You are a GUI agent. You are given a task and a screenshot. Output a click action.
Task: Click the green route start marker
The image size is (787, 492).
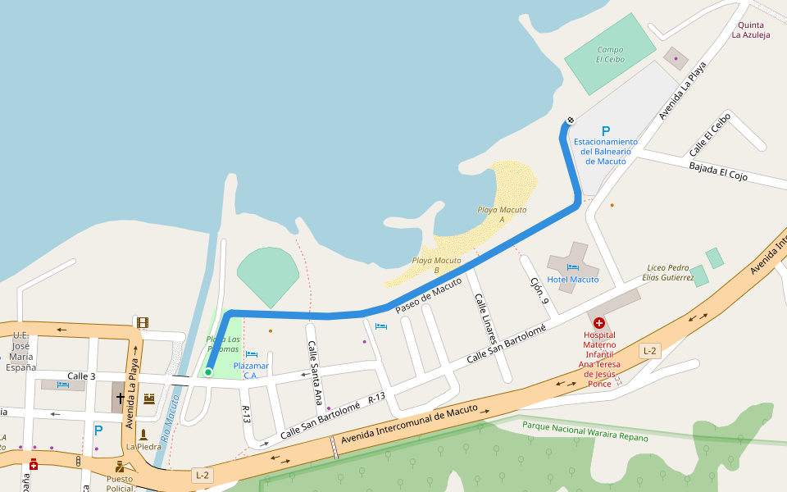(x=208, y=372)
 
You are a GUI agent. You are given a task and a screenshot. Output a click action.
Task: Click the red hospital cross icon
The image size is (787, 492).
(x=599, y=324)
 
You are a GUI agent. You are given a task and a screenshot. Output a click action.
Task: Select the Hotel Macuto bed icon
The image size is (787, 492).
(x=572, y=266)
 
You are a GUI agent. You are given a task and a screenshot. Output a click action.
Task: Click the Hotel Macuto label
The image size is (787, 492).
(x=573, y=280)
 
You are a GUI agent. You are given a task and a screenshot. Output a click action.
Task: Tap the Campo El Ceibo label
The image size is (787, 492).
(x=610, y=54)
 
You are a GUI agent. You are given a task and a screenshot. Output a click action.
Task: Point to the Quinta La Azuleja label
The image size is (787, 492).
(x=751, y=30)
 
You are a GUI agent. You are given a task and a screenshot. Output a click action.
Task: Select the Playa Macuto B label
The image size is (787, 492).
(x=437, y=265)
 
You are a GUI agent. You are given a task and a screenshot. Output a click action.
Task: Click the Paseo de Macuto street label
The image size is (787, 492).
(x=428, y=295)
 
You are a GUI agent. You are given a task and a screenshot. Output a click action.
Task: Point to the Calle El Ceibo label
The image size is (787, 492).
(x=710, y=134)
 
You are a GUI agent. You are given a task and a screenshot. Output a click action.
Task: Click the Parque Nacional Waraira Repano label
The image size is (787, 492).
(x=585, y=431)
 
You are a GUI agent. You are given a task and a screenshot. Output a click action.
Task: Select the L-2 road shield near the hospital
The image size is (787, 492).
(x=649, y=351)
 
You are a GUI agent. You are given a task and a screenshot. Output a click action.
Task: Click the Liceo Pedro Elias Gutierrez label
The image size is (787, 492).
(x=669, y=273)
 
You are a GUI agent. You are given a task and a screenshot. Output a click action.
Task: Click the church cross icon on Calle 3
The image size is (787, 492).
(x=121, y=399)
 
